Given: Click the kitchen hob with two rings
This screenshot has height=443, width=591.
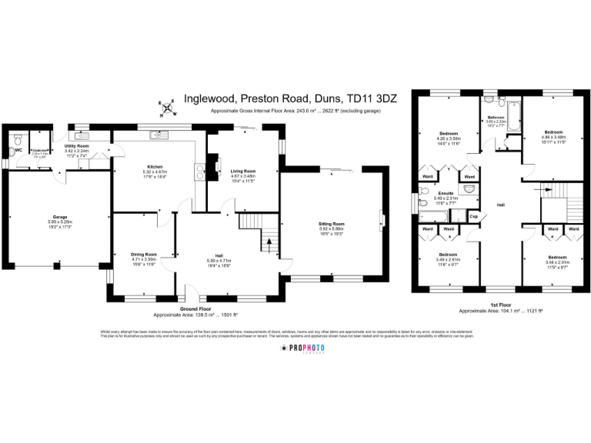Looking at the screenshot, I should [201, 171].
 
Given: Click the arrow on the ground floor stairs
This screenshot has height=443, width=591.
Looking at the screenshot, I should [269, 245].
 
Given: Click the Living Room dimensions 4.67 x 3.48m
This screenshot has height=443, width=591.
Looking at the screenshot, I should [242, 175].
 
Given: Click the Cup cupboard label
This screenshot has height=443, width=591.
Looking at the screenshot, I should [474, 216].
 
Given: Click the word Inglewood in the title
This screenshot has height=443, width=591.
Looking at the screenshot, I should [210, 99].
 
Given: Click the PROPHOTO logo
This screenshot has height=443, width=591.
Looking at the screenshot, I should [302, 348].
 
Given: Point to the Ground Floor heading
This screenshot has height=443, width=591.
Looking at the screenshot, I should [195, 309].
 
